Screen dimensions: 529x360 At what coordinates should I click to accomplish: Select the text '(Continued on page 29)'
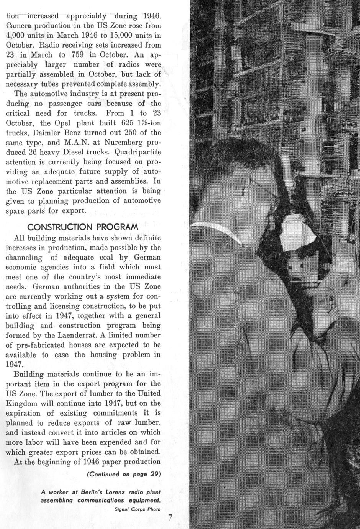[124, 474]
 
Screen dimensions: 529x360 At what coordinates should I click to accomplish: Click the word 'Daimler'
[51, 133]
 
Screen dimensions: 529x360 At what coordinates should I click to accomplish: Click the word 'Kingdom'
[21, 403]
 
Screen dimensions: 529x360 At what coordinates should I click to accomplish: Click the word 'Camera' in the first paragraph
[19, 26]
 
